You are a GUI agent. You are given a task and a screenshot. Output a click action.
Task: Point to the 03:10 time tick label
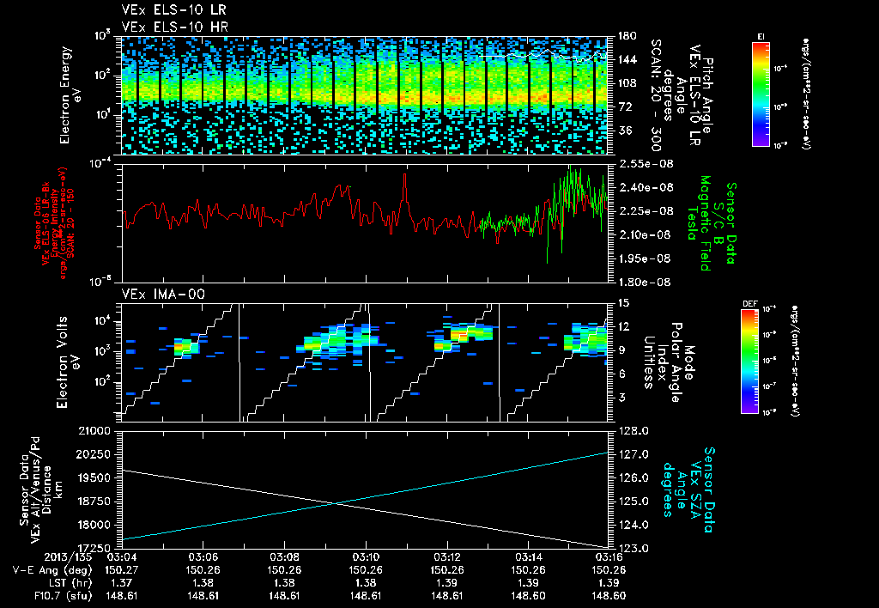click(x=367, y=556)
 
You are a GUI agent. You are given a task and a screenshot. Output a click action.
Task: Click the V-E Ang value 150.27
click(x=122, y=568)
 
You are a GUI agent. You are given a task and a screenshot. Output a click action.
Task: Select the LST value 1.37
click(x=122, y=581)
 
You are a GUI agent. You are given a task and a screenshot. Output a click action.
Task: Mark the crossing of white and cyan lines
click(x=336, y=503)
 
